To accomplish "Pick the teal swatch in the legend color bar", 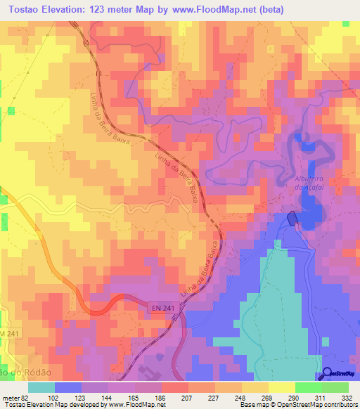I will tap(41, 387).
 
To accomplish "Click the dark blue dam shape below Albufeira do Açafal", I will tap(292, 220).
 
